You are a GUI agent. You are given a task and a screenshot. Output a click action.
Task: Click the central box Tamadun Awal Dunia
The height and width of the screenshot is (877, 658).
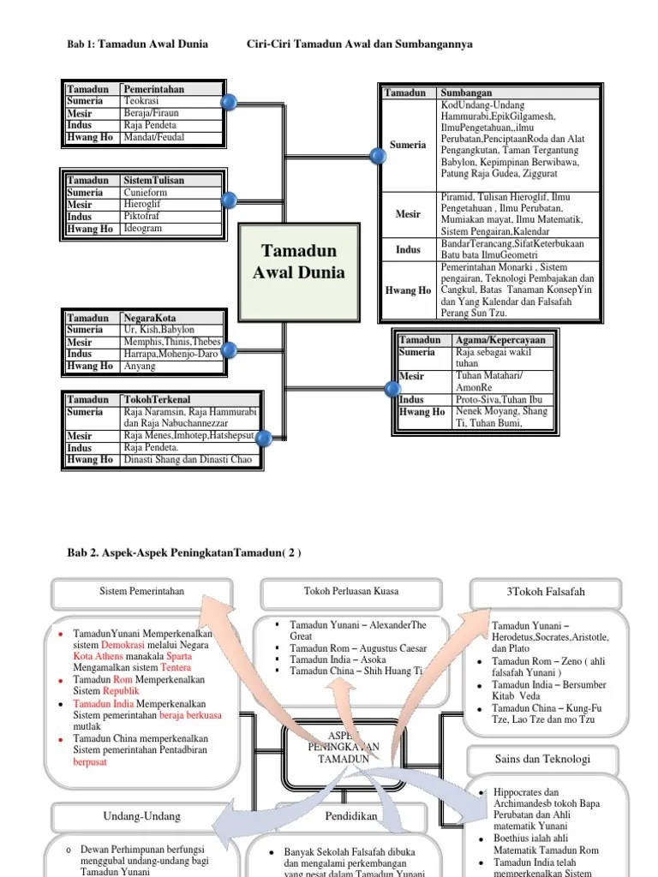tap(291, 262)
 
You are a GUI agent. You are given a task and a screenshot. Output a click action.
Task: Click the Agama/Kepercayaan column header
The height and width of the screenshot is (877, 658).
tap(500, 340)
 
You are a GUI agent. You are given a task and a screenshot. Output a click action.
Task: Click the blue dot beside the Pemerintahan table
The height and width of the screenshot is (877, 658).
tap(229, 104)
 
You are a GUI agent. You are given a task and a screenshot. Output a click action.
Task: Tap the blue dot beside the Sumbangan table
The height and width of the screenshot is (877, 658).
tap(377, 156)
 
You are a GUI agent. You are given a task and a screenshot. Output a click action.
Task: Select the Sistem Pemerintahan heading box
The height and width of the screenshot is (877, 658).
tap(142, 592)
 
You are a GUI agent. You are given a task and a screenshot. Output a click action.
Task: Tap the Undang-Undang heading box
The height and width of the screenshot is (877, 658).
tap(139, 816)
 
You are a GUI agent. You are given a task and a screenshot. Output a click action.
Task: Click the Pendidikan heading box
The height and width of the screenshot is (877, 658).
tap(351, 816)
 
